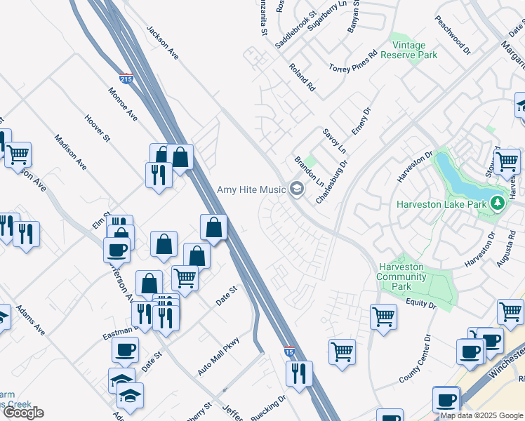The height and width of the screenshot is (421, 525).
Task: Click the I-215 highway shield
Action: click(x=126, y=79)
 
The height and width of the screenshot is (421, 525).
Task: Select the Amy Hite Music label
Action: click(x=251, y=189)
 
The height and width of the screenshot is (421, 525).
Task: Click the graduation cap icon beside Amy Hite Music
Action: click(x=296, y=188)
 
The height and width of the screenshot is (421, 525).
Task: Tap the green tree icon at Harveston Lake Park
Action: click(x=498, y=203)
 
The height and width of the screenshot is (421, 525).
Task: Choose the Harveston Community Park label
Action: click(x=401, y=276)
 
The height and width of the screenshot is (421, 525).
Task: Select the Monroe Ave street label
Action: click(x=122, y=103)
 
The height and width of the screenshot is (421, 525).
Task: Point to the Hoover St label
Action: click(x=97, y=128)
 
